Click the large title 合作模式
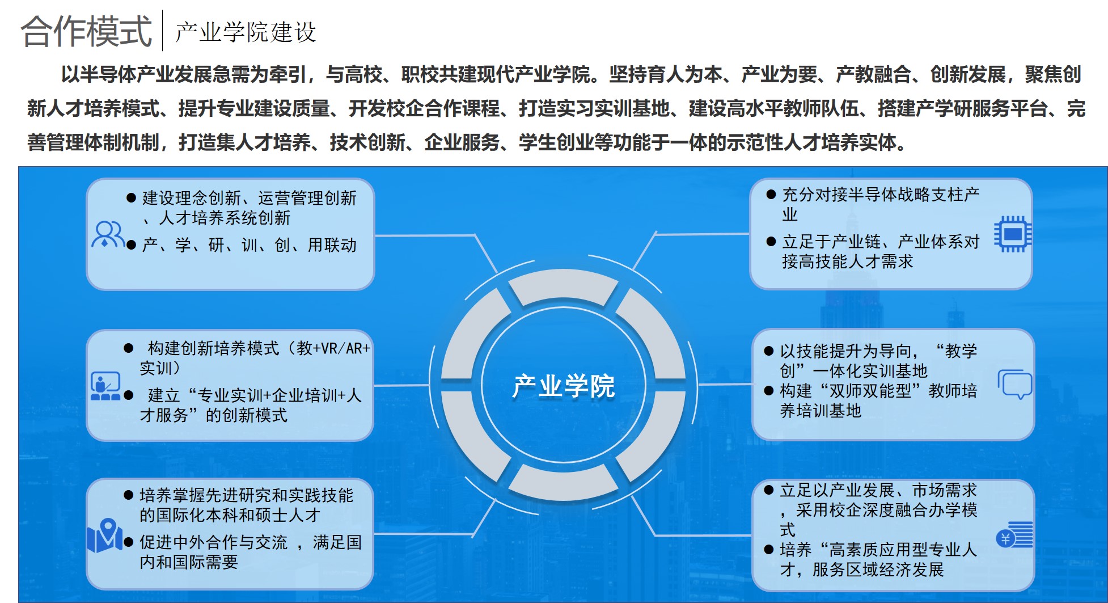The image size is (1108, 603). (86, 31)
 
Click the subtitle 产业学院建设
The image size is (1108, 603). (246, 32)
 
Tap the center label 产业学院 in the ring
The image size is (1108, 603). (563, 386)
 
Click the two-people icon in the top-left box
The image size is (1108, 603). (108, 234)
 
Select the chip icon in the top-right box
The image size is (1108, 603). (1013, 234)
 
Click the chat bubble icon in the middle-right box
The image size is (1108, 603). (1014, 384)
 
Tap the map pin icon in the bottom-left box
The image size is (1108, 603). (105, 535)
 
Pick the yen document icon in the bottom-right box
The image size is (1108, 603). (1014, 534)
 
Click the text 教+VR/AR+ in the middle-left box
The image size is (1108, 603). (333, 348)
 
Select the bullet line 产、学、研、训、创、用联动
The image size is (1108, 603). (249, 245)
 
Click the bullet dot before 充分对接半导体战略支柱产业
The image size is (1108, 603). (771, 195)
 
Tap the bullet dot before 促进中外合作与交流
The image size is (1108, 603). (129, 542)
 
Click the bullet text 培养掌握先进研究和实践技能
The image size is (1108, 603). (247, 495)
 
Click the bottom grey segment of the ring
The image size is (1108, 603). (564, 482)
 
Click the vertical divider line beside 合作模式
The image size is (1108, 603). (163, 31)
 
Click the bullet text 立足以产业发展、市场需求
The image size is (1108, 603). (878, 490)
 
